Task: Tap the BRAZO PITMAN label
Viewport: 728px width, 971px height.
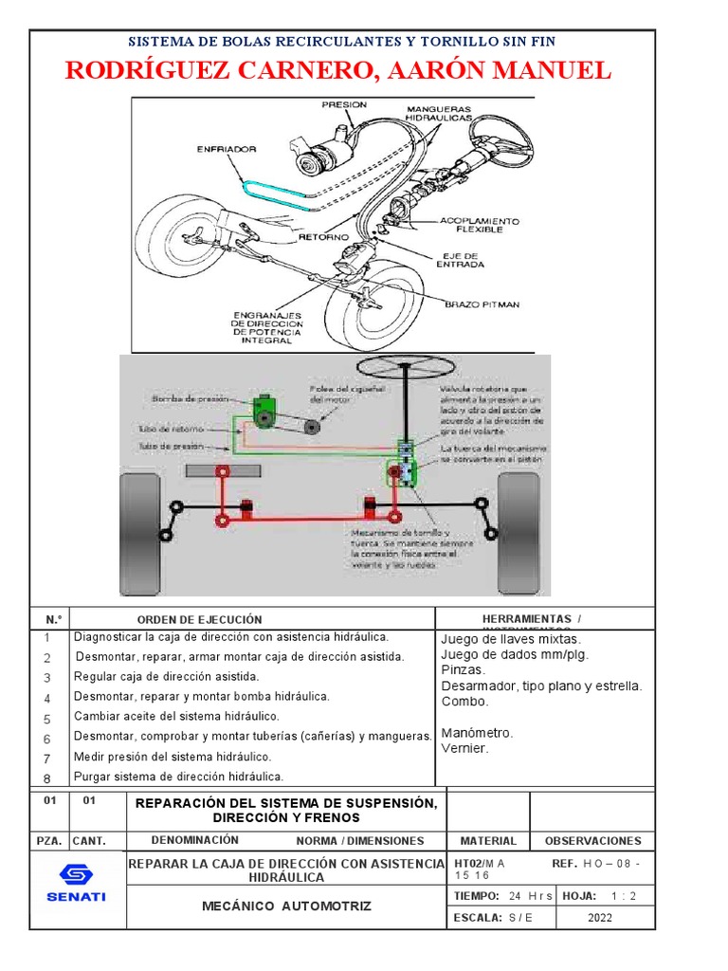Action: tap(482, 303)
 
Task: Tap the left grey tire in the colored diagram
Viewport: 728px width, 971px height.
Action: tap(140, 521)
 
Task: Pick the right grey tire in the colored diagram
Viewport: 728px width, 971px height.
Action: tap(519, 521)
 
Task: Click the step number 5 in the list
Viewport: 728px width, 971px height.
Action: tap(45, 719)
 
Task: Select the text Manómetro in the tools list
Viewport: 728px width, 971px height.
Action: tap(477, 733)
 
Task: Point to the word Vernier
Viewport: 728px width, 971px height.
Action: tap(465, 748)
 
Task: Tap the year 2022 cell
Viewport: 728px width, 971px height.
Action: tap(599, 917)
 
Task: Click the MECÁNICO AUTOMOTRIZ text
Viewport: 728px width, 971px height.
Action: tap(286, 907)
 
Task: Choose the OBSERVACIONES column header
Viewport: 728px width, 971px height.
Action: tap(592, 840)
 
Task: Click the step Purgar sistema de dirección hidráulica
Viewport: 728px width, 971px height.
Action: tap(178, 777)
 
